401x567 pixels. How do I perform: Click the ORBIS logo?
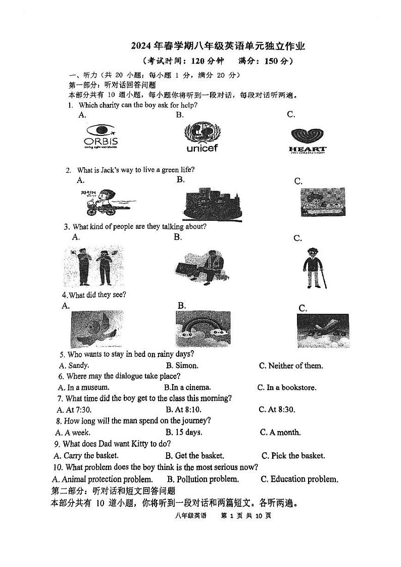(x=101, y=137)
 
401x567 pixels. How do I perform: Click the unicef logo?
(x=202, y=136)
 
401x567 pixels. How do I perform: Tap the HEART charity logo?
(x=307, y=140)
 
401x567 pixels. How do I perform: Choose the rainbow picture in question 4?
(x=203, y=329)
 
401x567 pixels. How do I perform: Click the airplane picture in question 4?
(x=322, y=331)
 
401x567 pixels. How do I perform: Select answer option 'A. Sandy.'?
(x=74, y=365)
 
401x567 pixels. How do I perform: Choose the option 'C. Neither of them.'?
(x=290, y=366)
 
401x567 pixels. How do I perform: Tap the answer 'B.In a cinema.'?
(x=187, y=388)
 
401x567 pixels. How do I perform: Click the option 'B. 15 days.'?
(x=184, y=432)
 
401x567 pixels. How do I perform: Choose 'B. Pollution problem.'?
(x=203, y=479)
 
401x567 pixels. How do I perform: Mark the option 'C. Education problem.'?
(x=299, y=479)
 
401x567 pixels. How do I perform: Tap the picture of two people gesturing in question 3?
(x=94, y=266)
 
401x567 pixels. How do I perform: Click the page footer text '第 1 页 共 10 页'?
(x=246, y=516)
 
